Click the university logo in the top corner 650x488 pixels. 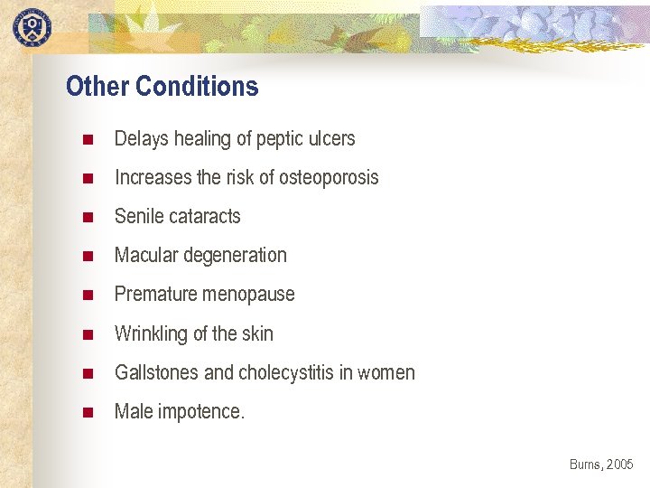click(x=32, y=26)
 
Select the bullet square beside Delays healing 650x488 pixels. click(x=88, y=140)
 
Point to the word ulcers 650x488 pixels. click(x=331, y=139)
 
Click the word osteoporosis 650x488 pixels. click(x=329, y=178)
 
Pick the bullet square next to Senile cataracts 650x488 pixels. click(x=88, y=218)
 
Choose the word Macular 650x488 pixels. click(x=146, y=256)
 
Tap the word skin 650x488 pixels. click(x=257, y=333)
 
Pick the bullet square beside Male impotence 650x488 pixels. click(x=88, y=413)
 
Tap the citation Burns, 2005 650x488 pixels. click(x=601, y=465)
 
